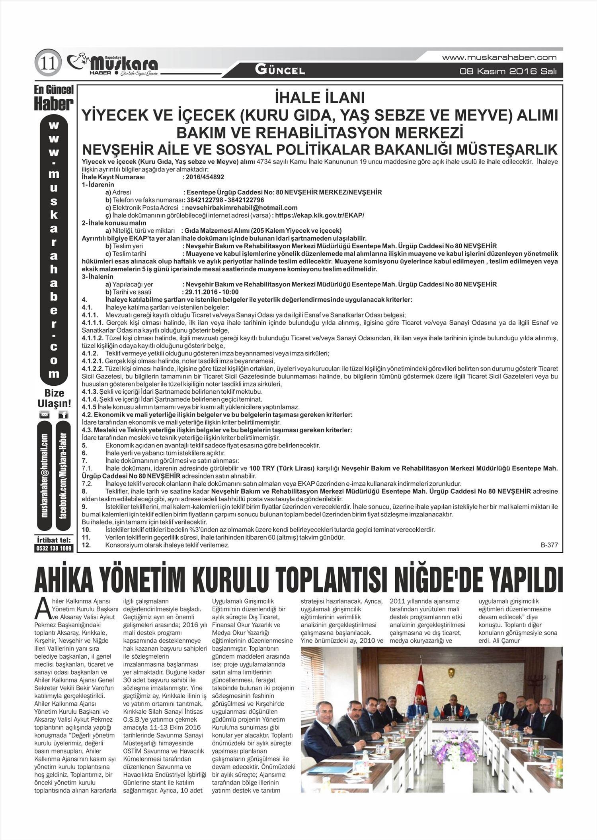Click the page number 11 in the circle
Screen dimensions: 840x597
pos(48,63)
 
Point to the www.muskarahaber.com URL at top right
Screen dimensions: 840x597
pos(499,58)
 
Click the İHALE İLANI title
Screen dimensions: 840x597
pos(320,98)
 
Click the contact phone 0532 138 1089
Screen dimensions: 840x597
pos(54,548)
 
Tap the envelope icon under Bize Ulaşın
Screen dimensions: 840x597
pos(45,415)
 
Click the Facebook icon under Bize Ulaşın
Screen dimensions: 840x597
pos(63,415)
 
